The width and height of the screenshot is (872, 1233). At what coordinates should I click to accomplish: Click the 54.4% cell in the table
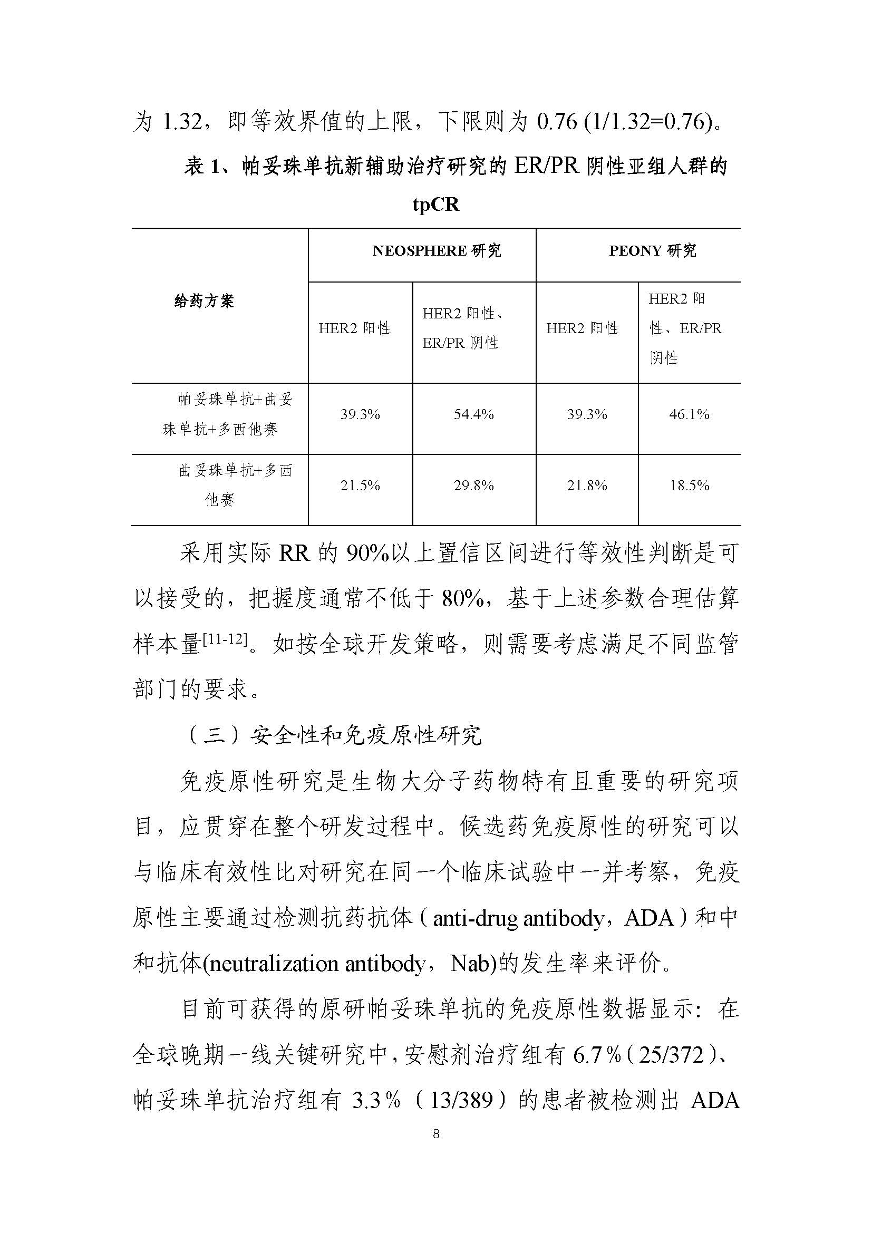click(x=473, y=414)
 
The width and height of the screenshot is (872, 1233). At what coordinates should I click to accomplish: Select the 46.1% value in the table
click(x=689, y=414)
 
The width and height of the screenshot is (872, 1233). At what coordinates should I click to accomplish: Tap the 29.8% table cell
click(x=473, y=486)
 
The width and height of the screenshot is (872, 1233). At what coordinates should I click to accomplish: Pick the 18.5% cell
click(x=689, y=486)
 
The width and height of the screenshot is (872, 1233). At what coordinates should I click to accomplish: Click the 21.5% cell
click(x=360, y=486)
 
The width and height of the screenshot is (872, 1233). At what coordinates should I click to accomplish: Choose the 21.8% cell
click(x=586, y=486)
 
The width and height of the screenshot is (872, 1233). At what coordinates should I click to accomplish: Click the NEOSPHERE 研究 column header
click(x=437, y=251)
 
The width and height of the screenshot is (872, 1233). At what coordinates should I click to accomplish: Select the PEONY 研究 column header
click(x=652, y=251)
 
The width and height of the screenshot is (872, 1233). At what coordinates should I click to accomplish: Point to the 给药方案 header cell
click(x=204, y=302)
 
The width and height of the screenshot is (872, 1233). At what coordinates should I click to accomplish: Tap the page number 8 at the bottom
click(x=435, y=1149)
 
